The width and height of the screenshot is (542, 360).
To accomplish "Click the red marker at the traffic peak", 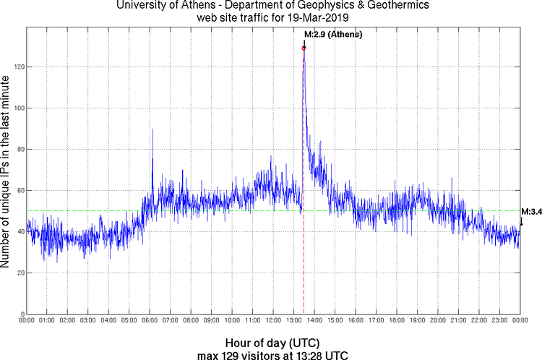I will [x=304, y=48].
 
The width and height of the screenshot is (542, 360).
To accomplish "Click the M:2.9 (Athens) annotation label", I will [x=333, y=35].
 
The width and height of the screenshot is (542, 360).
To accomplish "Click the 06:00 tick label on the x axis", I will [x=150, y=320].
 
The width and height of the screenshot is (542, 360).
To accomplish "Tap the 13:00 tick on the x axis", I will [x=294, y=320].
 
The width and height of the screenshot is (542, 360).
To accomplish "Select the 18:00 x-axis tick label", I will [x=397, y=320].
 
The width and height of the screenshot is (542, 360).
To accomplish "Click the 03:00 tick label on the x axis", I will [x=88, y=320].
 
